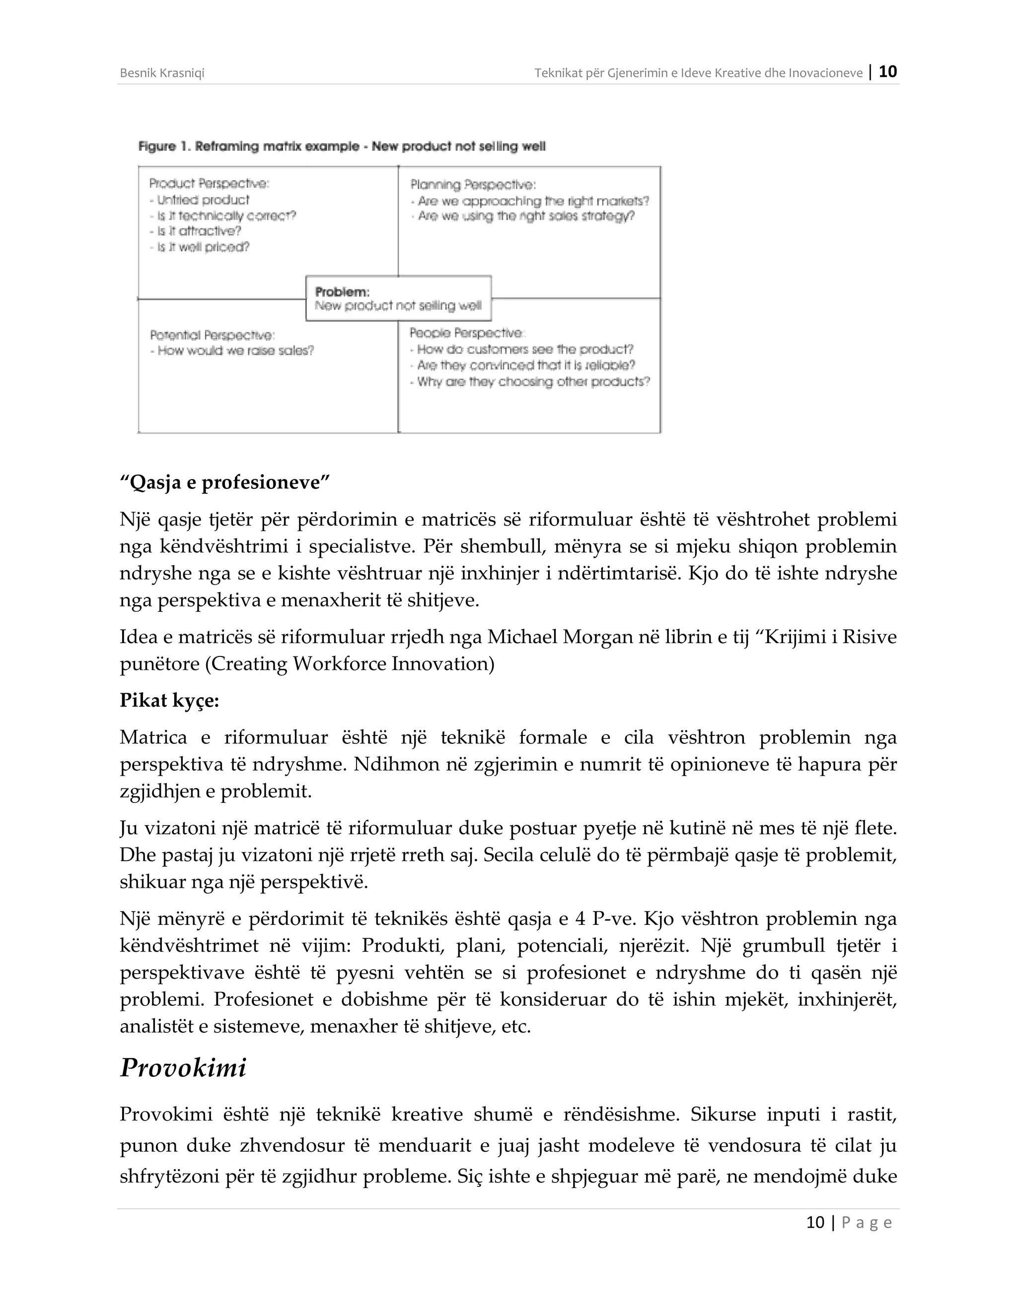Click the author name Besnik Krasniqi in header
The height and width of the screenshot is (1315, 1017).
coord(162,73)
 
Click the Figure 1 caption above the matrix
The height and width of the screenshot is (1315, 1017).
coord(342,146)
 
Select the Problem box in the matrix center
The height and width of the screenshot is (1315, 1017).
coord(398,299)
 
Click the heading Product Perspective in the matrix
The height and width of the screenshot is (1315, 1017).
coord(209,184)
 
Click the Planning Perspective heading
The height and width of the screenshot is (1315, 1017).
coord(473,185)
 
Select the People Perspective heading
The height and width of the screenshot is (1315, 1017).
coord(467,333)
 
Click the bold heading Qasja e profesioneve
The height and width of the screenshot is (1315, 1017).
coord(225,483)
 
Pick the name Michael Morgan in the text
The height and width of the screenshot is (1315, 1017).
coord(551,637)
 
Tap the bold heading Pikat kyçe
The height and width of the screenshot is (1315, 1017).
coord(169,700)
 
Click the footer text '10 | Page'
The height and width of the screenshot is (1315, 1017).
coord(848,1222)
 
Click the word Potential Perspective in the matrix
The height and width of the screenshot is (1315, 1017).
coord(212,335)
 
